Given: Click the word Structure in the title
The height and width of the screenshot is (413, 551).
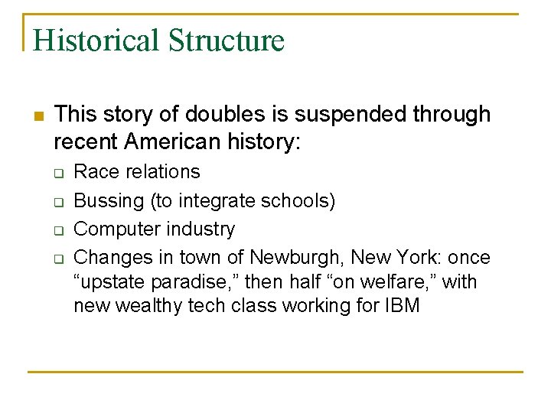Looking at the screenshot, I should (227, 40).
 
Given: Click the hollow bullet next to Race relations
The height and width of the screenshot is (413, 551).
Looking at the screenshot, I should (57, 173).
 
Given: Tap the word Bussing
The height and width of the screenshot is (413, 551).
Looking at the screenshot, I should (105, 201).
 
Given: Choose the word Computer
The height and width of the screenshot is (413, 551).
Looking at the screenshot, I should (112, 229).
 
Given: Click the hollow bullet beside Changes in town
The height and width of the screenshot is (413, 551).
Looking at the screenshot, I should (57, 258).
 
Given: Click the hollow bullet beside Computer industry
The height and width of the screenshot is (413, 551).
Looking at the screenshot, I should (57, 229).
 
